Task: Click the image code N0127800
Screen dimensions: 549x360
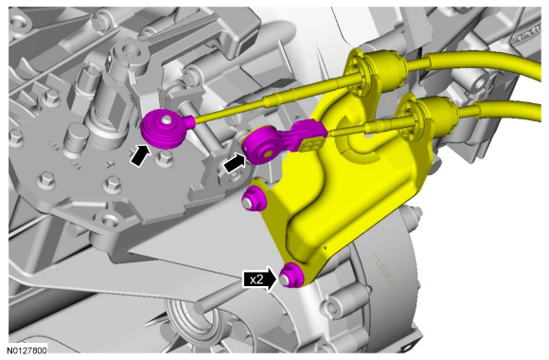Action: tap(27, 351)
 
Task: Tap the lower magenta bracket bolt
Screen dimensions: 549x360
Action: tap(292, 275)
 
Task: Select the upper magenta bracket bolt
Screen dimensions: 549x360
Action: tap(254, 199)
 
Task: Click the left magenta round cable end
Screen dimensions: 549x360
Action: tap(164, 129)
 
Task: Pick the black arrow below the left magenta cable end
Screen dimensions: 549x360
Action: tap(140, 156)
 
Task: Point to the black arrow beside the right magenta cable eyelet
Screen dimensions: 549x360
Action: tap(235, 163)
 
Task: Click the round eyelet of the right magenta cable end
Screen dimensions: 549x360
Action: tap(260, 147)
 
